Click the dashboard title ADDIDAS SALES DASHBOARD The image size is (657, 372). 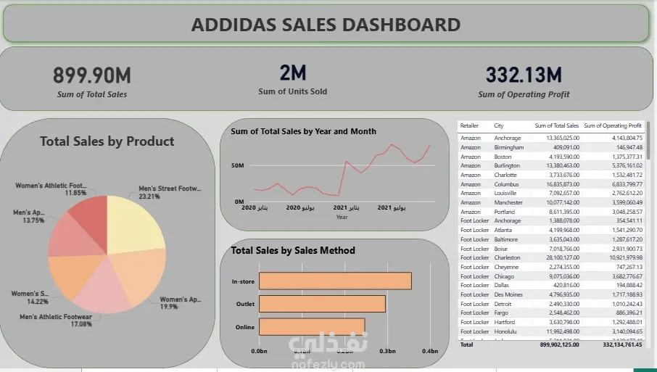click(326, 25)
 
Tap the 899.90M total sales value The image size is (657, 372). click(92, 75)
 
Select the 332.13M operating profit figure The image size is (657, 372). click(524, 75)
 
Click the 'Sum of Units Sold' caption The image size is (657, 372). click(292, 91)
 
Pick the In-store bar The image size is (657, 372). click(335, 281)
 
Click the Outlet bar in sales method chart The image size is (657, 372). click(322, 304)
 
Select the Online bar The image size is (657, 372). click(312, 327)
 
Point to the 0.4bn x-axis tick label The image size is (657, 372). click(431, 351)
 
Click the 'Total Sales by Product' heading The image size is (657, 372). click(107, 141)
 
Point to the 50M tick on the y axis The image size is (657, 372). click(238, 166)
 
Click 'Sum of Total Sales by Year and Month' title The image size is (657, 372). click(303, 131)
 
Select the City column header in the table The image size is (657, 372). click(499, 126)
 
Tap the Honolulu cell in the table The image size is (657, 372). click(506, 331)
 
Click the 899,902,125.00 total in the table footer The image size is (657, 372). click(555, 345)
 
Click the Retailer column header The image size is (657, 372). click(470, 126)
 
